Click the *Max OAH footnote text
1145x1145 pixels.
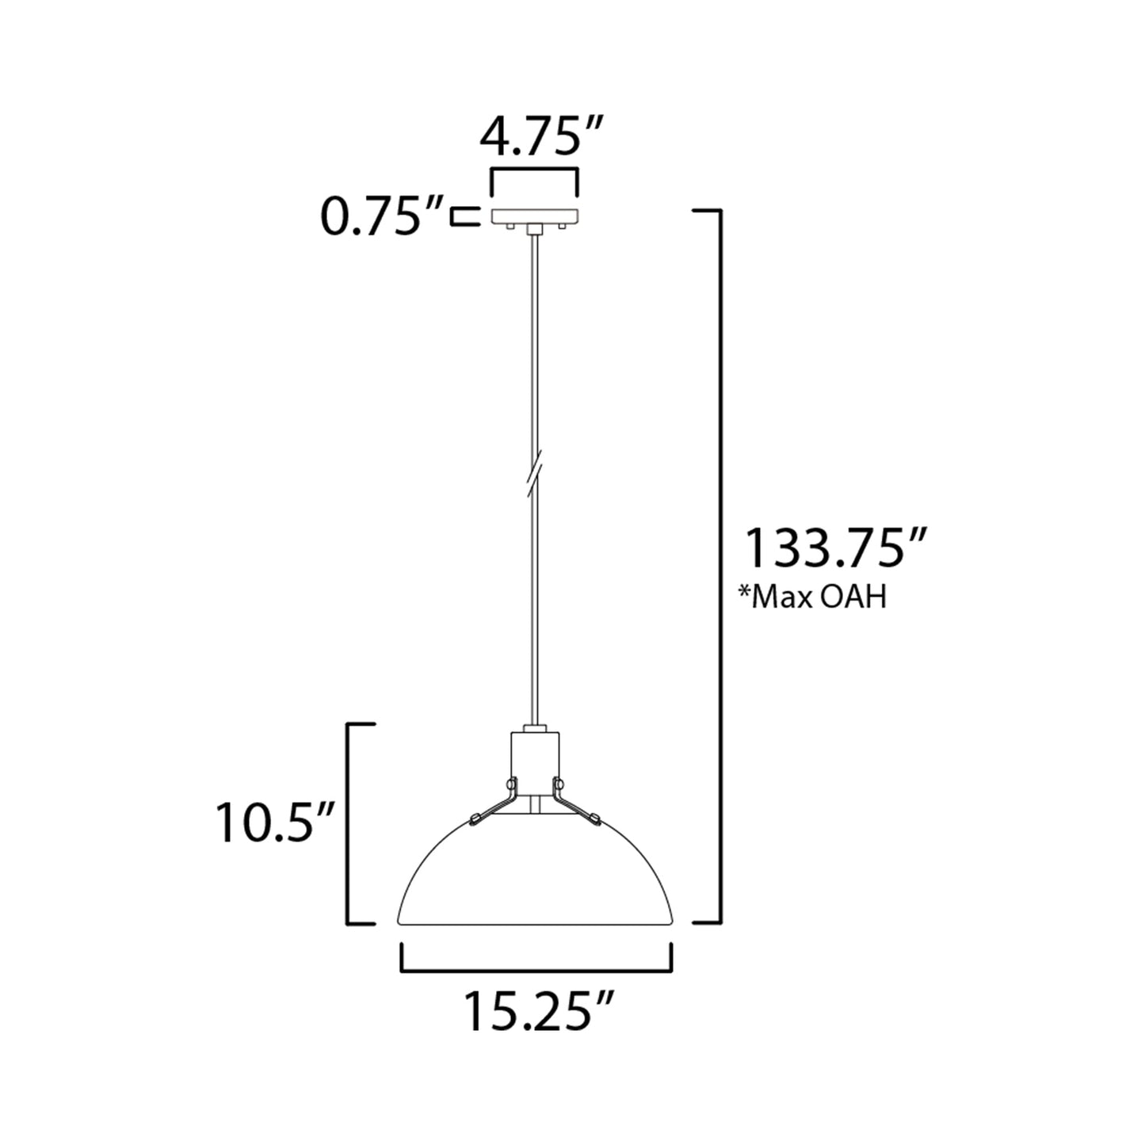click(x=811, y=597)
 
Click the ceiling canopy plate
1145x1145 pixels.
click(x=536, y=216)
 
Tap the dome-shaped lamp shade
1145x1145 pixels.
click(x=536, y=880)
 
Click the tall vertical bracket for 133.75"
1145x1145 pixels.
click(x=718, y=567)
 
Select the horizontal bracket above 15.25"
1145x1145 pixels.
click(x=536, y=968)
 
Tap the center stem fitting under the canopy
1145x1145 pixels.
click(x=536, y=229)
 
